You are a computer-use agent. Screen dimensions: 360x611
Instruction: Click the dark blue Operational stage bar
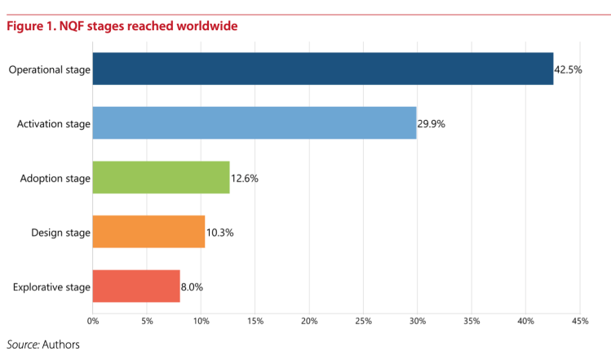pyautogui.click(x=322, y=69)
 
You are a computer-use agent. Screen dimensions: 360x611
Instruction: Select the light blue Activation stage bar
pyautogui.click(x=254, y=123)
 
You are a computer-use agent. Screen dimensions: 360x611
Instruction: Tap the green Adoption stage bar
pyautogui.click(x=161, y=177)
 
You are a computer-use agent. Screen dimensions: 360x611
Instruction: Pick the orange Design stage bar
pyautogui.click(x=148, y=232)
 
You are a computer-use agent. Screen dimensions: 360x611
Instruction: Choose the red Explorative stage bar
pyautogui.click(x=135, y=286)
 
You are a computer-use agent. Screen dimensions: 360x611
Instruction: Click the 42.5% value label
pyautogui.click(x=568, y=69)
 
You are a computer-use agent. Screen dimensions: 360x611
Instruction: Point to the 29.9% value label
pyautogui.click(x=431, y=124)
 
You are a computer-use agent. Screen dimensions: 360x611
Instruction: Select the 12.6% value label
pyautogui.click(x=244, y=178)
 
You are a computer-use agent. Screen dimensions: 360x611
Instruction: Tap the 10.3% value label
pyautogui.click(x=219, y=233)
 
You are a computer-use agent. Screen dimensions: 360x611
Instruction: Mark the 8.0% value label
pyautogui.click(x=192, y=287)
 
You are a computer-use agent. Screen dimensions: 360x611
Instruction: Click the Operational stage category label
pyautogui.click(x=49, y=69)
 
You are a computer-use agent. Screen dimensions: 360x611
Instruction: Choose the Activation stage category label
pyautogui.click(x=53, y=124)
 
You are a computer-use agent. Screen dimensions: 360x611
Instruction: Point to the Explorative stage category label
pyautogui.click(x=51, y=287)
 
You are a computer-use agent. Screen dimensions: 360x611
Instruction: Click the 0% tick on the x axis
pyautogui.click(x=93, y=321)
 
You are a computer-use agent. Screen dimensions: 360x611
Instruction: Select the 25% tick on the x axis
pyautogui.click(x=363, y=321)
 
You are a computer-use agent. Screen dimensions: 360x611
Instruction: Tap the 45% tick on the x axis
pyautogui.click(x=579, y=321)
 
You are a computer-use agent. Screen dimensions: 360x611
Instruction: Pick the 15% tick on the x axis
pyautogui.click(x=255, y=321)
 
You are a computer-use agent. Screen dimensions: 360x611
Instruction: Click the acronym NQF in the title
pyautogui.click(x=69, y=26)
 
